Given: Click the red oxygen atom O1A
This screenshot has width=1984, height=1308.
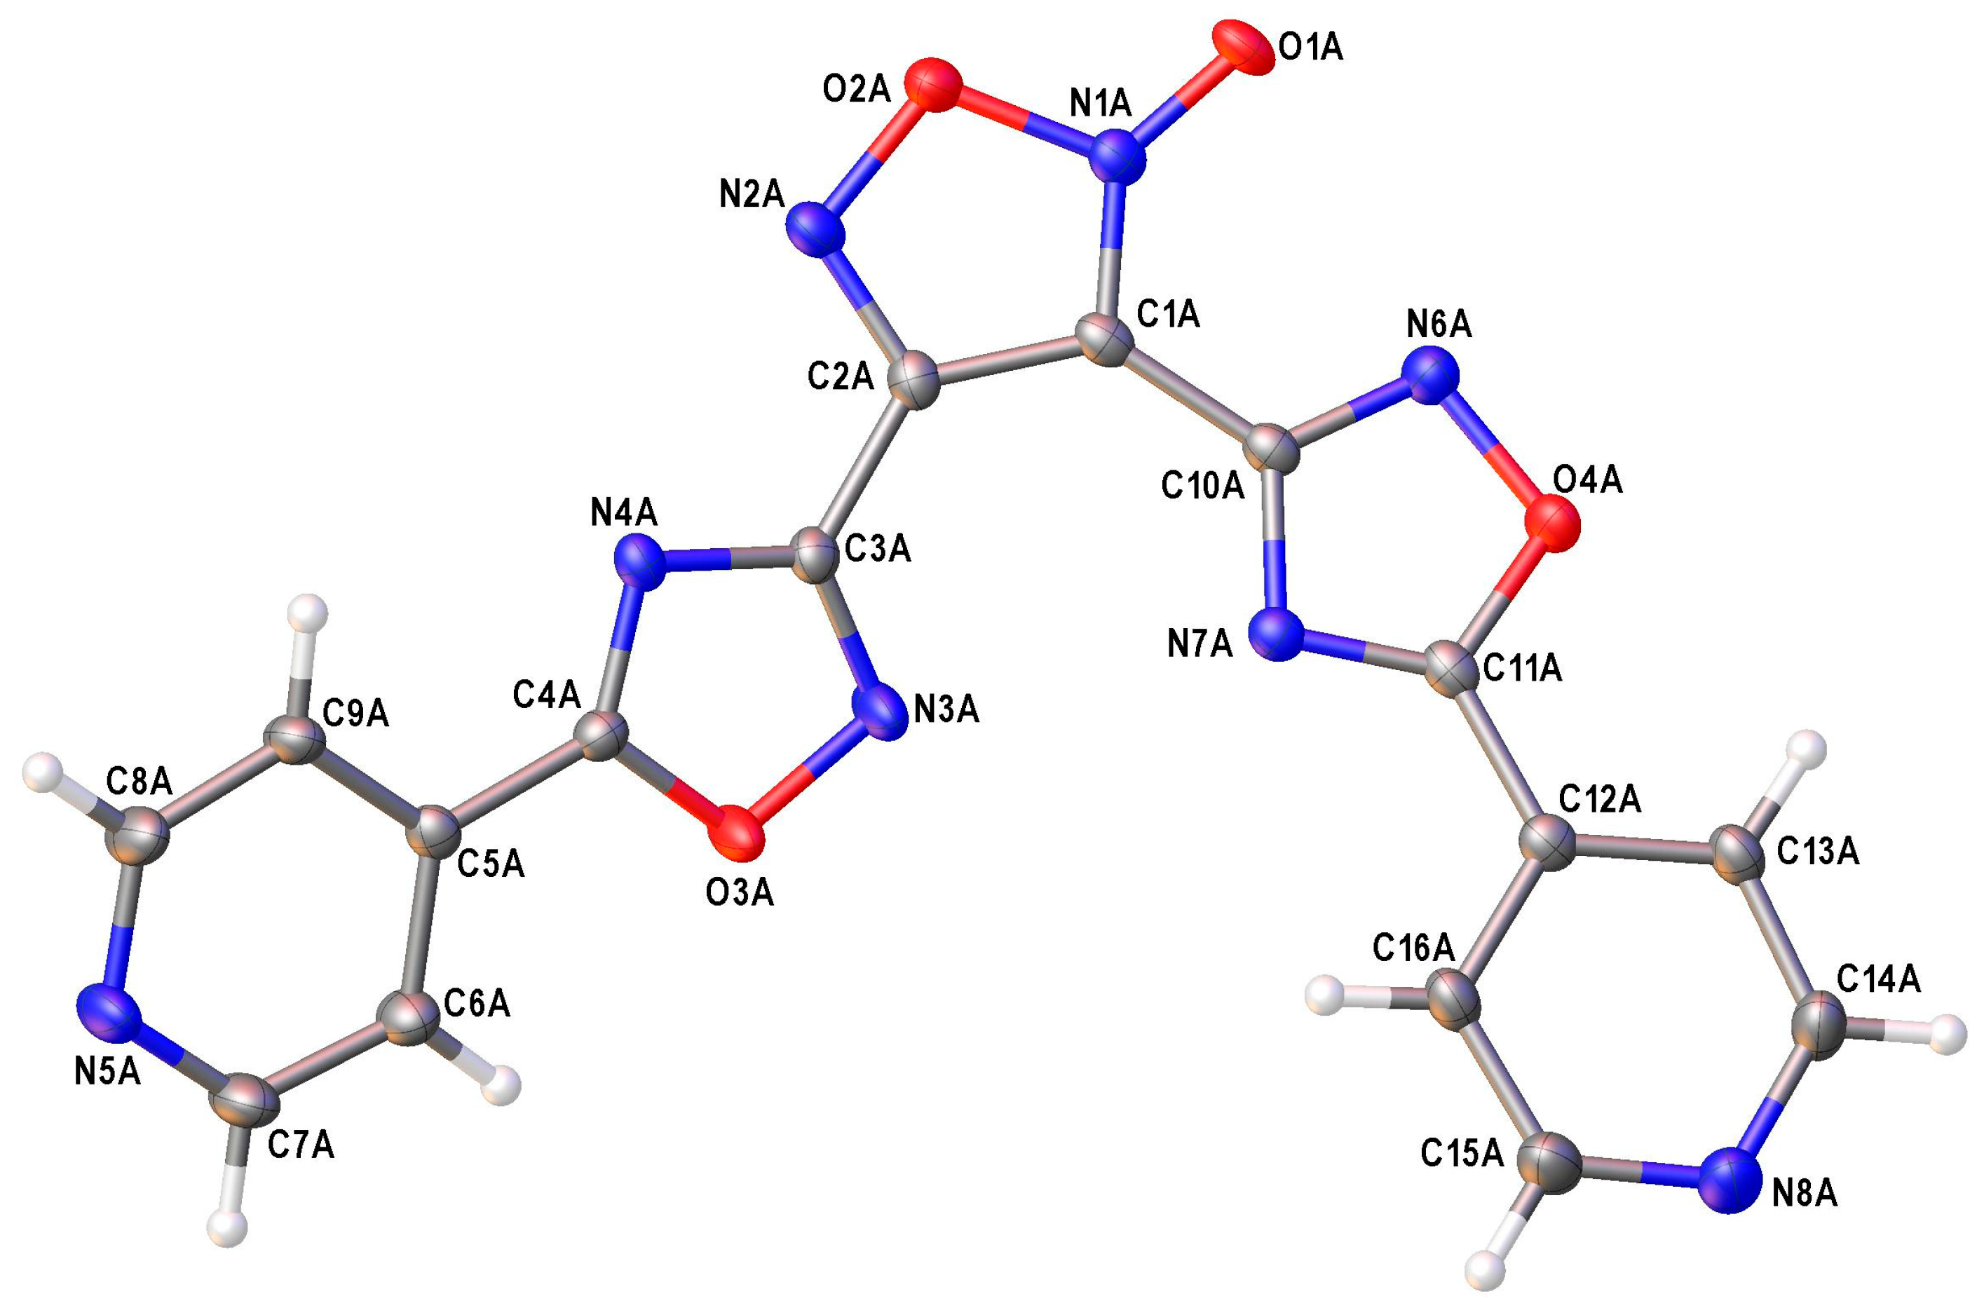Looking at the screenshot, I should coord(1242,52).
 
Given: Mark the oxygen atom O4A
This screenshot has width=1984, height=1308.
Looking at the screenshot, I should coord(1553,523).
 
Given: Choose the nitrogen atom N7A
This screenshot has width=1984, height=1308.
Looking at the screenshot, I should coord(1277,636).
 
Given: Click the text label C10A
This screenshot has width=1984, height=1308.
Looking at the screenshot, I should coord(1202,486).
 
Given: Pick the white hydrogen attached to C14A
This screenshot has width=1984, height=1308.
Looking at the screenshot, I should coord(1949,1035).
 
